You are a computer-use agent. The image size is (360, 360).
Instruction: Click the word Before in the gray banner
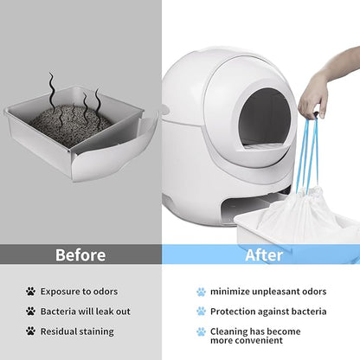click(x=80, y=254)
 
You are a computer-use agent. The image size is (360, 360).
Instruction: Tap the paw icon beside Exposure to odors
click(x=31, y=292)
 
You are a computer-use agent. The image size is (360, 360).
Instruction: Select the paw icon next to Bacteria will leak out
click(x=31, y=311)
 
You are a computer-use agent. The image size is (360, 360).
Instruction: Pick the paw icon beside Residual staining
click(x=31, y=330)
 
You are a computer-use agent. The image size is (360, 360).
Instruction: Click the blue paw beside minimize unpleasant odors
click(x=201, y=292)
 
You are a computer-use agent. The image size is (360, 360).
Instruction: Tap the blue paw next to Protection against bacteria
click(x=201, y=311)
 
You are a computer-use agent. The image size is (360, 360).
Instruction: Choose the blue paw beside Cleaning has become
click(x=201, y=331)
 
